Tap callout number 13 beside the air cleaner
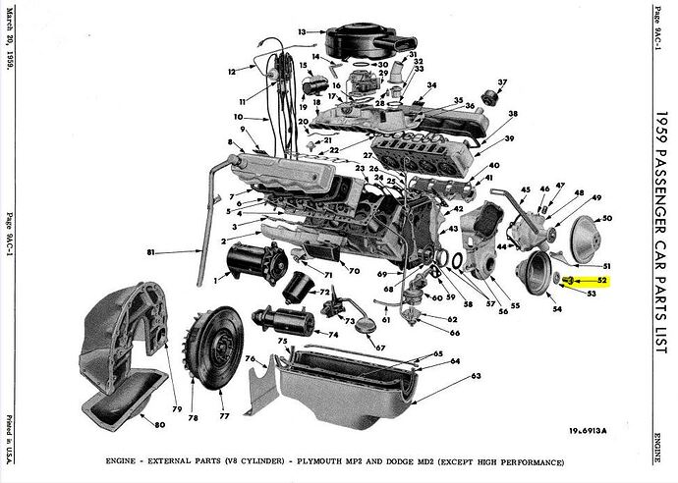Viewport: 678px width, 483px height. click(x=304, y=31)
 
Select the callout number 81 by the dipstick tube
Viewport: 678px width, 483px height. click(x=150, y=253)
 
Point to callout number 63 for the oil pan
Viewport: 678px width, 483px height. click(x=476, y=376)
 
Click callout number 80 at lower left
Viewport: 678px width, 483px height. click(x=159, y=425)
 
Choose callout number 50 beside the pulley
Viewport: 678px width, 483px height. click(x=607, y=218)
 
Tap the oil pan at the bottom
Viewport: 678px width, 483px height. click(x=373, y=386)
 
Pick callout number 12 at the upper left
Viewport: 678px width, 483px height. click(x=231, y=71)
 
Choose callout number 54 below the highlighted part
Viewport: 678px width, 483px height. click(x=556, y=310)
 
